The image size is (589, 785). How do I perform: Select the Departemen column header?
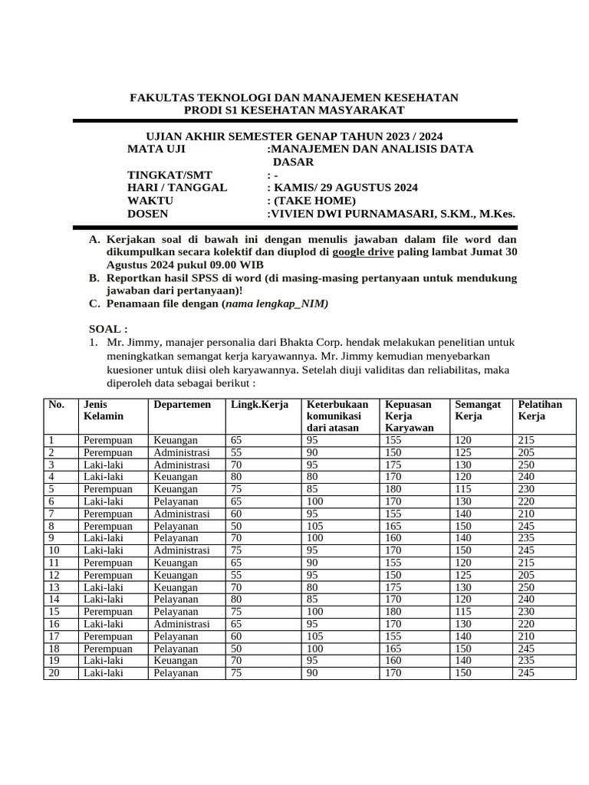(182, 404)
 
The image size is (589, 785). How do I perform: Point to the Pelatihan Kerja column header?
(540, 410)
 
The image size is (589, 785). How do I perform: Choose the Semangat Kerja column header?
(478, 410)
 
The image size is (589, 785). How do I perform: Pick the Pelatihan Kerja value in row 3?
(527, 465)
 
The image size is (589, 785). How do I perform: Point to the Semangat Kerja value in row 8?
(465, 526)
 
